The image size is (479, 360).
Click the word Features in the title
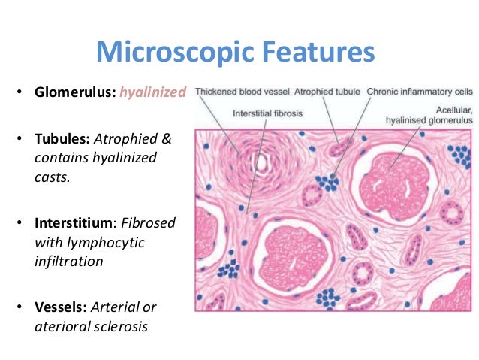(315, 53)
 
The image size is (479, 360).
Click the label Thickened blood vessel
(239, 92)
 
